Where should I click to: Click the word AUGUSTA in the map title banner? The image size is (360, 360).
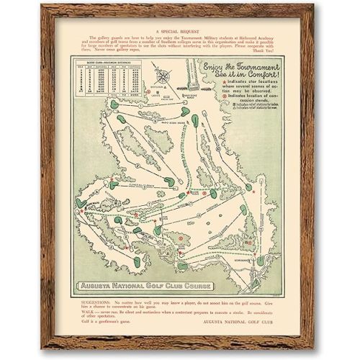click(x=107, y=285)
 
